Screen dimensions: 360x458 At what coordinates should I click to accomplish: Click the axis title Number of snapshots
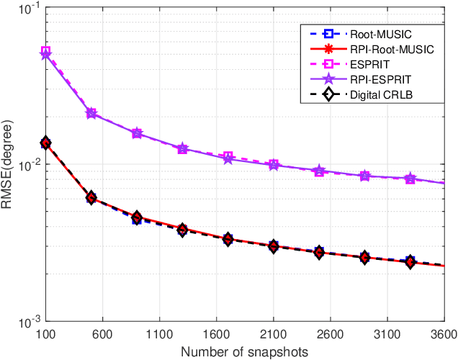(x=245, y=351)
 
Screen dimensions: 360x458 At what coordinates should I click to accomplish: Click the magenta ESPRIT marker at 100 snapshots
(x=45, y=52)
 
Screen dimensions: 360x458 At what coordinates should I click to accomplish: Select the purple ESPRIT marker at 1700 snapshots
(x=228, y=158)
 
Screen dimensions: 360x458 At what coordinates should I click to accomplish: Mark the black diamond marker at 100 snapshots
(x=45, y=143)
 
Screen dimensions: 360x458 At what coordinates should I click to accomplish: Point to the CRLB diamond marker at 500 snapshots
(x=91, y=198)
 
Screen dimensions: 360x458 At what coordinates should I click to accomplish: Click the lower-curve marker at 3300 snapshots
(x=410, y=261)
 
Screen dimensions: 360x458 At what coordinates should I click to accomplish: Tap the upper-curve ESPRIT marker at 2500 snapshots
(x=319, y=171)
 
